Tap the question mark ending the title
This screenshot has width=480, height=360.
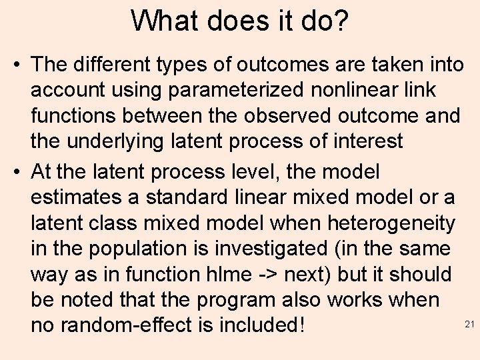click(340, 21)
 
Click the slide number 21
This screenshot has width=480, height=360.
click(467, 324)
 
